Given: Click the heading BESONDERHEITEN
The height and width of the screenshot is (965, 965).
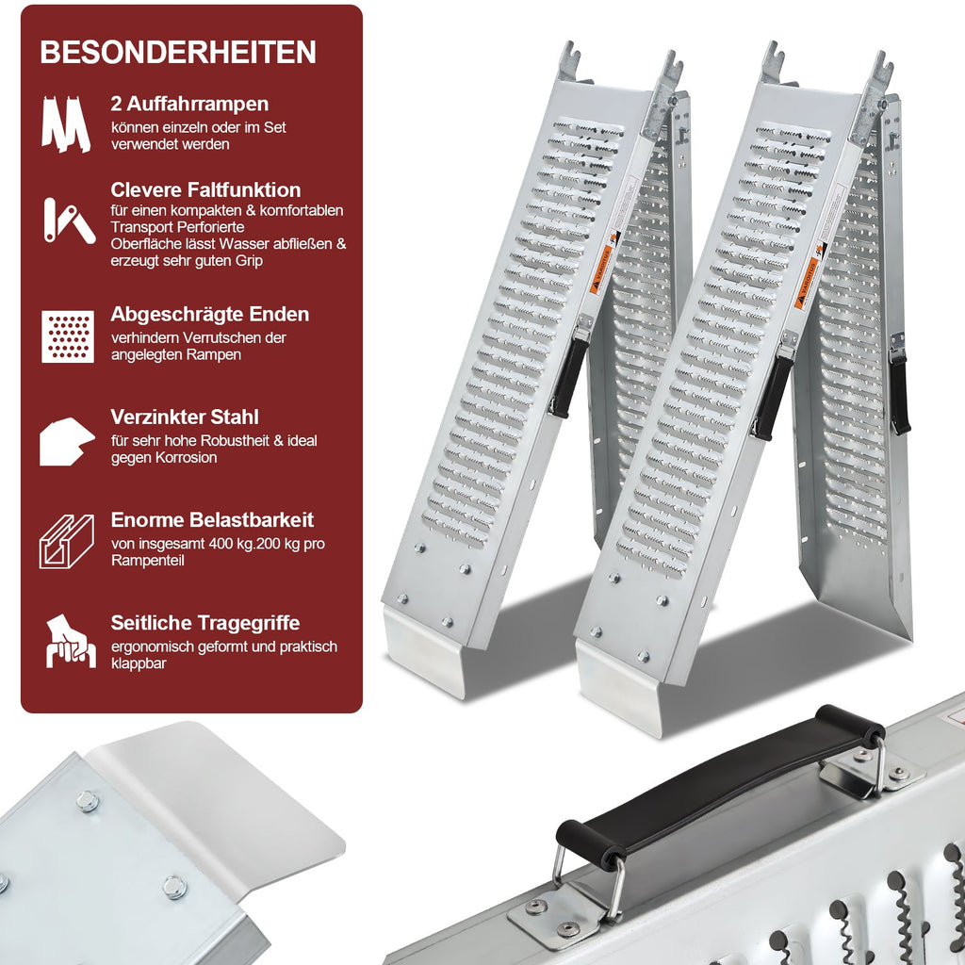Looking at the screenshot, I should coord(178,52).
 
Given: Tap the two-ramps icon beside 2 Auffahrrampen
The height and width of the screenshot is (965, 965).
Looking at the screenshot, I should coord(66,123).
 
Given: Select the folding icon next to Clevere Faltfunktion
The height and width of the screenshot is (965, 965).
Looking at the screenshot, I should coord(68,221).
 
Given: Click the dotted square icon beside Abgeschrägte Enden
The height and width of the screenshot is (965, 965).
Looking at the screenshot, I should coord(68,336).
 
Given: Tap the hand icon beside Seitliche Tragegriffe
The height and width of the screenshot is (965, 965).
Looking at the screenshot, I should coord(70,641).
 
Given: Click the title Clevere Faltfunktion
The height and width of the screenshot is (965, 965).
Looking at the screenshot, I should coord(205,189).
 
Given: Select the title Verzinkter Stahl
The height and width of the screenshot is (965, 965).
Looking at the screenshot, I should coord(185,417).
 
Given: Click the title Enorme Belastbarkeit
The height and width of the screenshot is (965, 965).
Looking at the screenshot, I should coord(212,519).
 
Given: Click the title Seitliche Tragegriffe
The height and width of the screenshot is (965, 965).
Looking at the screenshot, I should coord(205,623).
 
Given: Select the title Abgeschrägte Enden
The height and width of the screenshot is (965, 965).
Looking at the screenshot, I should coord(210,314).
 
